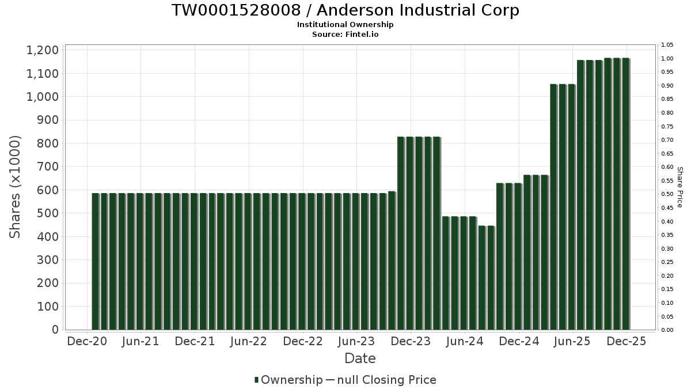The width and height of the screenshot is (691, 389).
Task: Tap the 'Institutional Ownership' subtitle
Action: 345,25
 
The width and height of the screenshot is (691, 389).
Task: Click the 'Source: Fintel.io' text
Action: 345,35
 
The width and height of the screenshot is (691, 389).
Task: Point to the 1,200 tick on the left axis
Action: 42,50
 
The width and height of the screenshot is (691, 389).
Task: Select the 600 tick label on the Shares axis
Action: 47,190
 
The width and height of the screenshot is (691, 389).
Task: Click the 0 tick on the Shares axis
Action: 55,330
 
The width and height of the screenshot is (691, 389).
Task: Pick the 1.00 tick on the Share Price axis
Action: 667,59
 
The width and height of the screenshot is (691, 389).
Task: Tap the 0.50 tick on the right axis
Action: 667,194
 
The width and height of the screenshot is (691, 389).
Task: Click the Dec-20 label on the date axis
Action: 87,341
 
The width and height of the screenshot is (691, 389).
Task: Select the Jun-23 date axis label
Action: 356,341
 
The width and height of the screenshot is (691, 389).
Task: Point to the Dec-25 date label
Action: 627,341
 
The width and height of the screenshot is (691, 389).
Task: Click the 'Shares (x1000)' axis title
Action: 16,187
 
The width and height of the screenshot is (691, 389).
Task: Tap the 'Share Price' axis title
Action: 679,187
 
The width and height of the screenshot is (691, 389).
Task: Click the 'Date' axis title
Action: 360,358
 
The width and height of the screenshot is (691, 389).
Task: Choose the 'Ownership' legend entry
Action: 291,380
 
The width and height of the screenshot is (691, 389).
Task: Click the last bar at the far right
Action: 625,194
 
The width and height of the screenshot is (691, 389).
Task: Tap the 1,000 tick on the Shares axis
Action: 42,97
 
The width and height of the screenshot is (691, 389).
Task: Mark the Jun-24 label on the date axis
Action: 465,341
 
